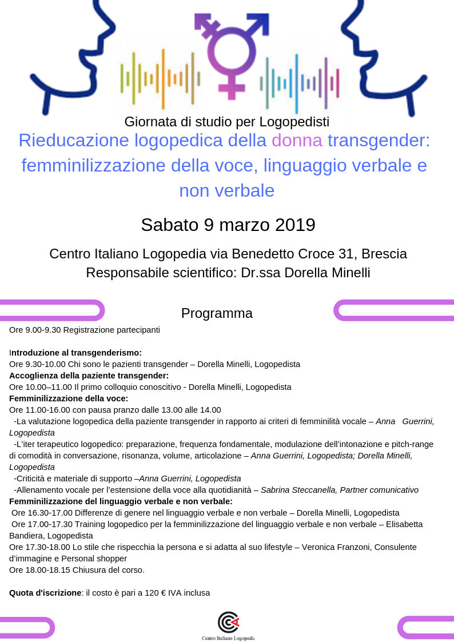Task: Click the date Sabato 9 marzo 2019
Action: point(228,225)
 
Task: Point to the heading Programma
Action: point(217,313)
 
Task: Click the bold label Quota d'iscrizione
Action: point(45,593)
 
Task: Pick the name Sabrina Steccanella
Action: point(300,490)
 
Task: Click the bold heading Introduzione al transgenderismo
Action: point(76,353)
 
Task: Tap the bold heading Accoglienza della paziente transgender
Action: point(89,376)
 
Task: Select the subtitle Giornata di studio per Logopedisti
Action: point(227,122)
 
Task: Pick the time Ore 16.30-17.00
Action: point(42,513)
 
